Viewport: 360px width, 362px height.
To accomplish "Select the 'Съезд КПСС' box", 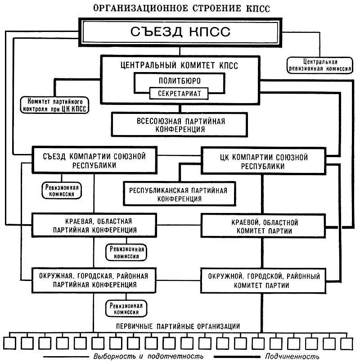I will point(180,32).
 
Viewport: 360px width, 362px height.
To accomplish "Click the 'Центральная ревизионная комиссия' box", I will point(313,65).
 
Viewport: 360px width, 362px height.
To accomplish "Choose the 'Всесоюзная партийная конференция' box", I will point(180,125).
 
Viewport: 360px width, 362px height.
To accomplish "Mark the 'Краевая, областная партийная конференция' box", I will point(94,226).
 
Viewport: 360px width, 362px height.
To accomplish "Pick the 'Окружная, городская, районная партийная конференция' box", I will point(94,280).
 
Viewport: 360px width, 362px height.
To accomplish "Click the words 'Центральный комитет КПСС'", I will point(180,64).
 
